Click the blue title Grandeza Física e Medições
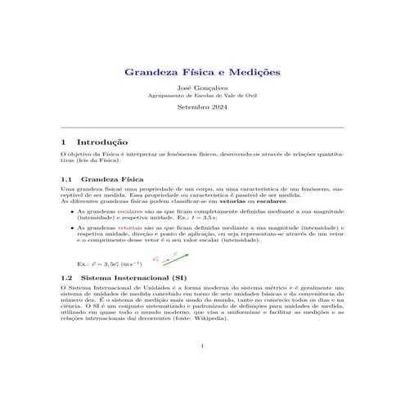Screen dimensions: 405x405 click(x=202, y=73)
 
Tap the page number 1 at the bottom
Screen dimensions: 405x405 click(x=202, y=346)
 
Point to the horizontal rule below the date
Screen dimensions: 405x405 click(x=202, y=128)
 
